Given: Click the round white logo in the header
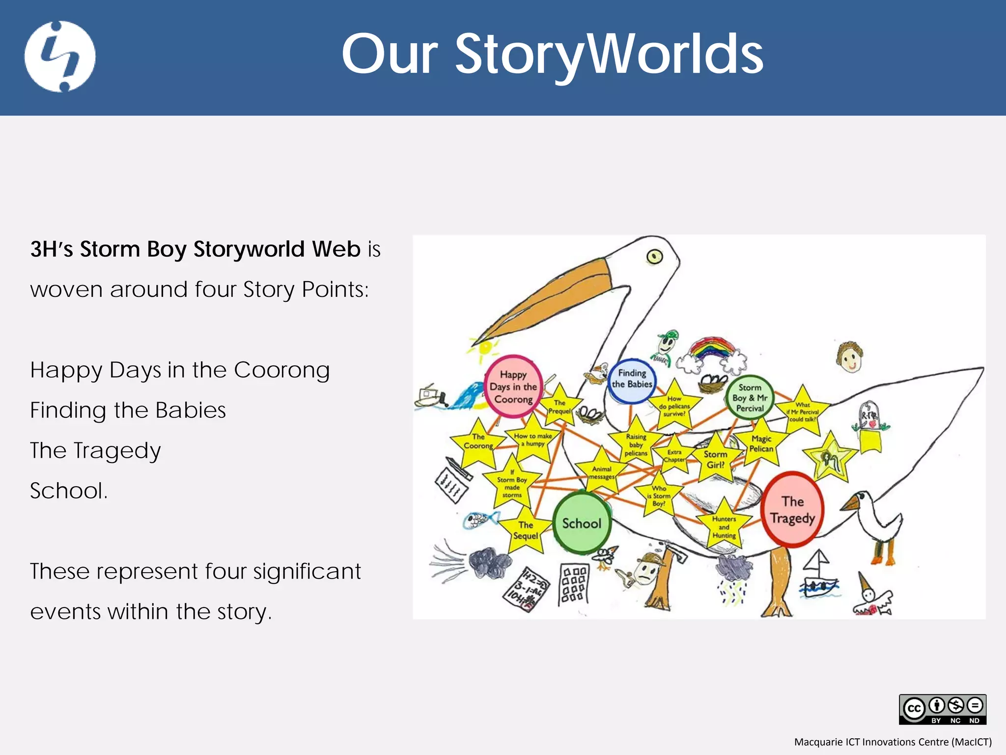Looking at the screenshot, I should coord(60,56).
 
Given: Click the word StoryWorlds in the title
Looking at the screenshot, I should coord(609,54).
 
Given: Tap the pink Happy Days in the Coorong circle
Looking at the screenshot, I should coord(513,387).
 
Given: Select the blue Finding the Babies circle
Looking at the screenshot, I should coord(632,379).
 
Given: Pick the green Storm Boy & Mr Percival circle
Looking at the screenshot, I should coord(750,397).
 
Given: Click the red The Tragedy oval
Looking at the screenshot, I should coord(792,510).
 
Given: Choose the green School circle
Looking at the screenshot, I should coord(582,523).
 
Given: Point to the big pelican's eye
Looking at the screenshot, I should coord(654,256).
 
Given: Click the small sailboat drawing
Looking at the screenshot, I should coord(818,575).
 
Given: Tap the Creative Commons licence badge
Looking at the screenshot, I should coord(942,709).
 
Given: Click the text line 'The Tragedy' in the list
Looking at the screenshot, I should coord(95,450).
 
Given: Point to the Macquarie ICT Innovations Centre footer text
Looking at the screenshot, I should coord(893,742).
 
